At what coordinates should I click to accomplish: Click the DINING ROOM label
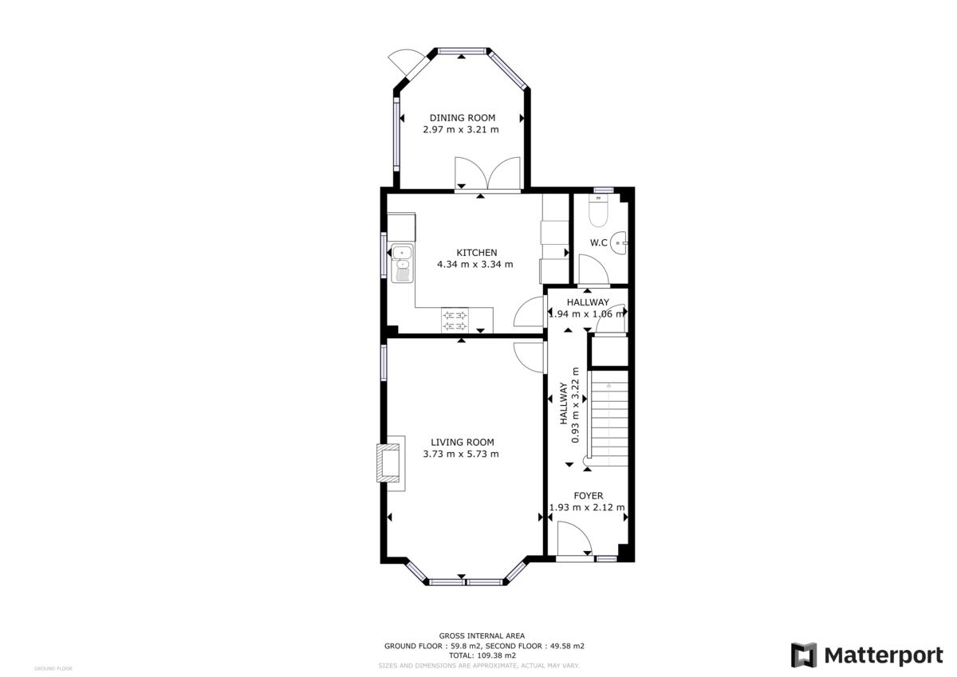point(462,118)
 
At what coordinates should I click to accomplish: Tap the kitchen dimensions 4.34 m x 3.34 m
point(475,264)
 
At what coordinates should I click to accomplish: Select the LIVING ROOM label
point(462,443)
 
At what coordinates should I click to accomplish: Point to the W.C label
point(599,242)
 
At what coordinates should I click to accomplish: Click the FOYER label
point(588,496)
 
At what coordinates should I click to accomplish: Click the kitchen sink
point(403,262)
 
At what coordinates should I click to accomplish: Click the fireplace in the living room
point(390,462)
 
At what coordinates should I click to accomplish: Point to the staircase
point(608,419)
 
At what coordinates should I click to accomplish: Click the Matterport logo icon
point(804,655)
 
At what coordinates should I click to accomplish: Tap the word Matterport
point(883,655)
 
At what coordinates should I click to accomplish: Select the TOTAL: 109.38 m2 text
point(487,655)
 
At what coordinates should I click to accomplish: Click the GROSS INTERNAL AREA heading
point(487,636)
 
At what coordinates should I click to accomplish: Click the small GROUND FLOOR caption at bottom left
point(53,668)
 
